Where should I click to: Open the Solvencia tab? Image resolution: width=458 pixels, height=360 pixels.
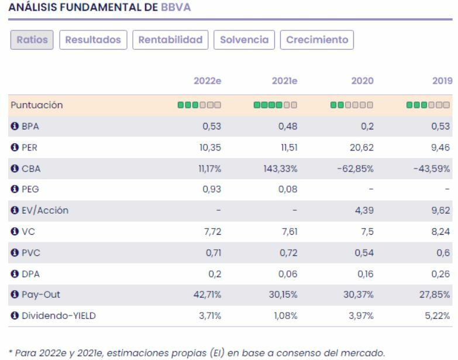[245, 40]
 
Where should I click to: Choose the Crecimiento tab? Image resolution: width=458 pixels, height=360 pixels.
[316, 40]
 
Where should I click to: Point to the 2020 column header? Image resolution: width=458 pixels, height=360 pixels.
[363, 81]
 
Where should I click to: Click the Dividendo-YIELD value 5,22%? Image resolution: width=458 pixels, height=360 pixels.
[439, 316]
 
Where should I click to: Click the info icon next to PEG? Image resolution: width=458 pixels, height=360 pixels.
[12, 190]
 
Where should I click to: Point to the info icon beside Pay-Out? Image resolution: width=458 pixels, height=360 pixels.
[12, 295]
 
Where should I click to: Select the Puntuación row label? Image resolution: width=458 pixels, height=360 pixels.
[35, 105]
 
